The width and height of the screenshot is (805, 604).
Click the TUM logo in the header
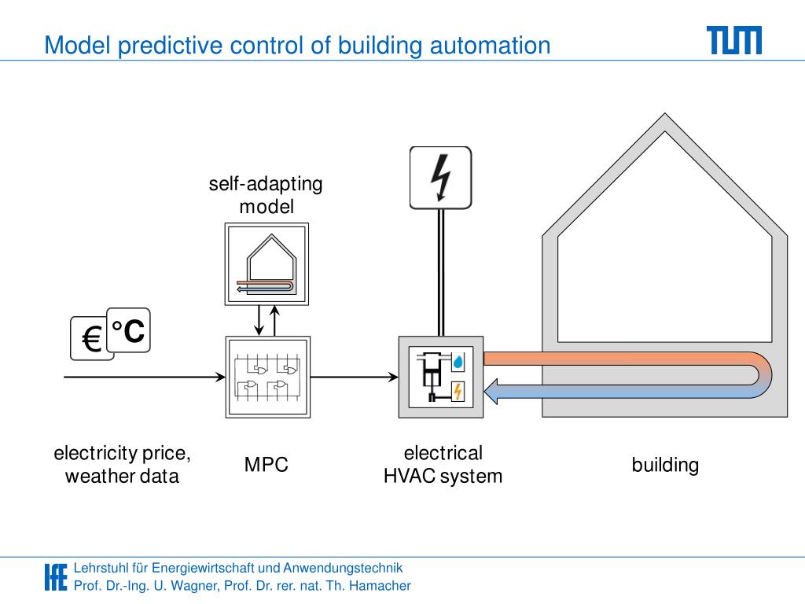pos(733,40)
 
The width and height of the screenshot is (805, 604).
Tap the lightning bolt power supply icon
pos(440,178)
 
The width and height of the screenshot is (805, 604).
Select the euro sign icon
pos(90,339)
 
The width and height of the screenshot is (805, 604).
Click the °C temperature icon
pos(128,330)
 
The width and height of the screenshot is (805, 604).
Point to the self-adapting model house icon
pos(266,265)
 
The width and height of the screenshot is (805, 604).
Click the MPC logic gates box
pos(266,377)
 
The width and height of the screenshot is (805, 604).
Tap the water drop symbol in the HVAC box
pos(458,361)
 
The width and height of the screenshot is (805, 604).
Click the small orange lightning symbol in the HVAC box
pos(458,391)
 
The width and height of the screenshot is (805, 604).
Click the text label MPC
pos(266,465)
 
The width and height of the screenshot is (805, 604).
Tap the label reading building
pos(665,465)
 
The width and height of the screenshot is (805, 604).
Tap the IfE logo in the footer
pos(55,576)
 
